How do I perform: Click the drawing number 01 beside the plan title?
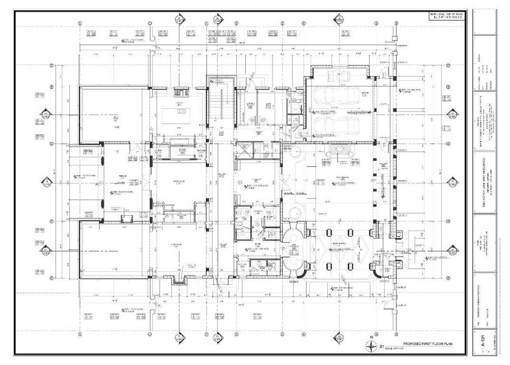coord(382,346)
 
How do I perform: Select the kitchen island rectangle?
coord(180,113)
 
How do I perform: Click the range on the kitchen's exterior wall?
coord(180,92)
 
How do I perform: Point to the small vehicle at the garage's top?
coord(335,76)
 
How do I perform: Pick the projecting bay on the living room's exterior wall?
coord(180,279)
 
